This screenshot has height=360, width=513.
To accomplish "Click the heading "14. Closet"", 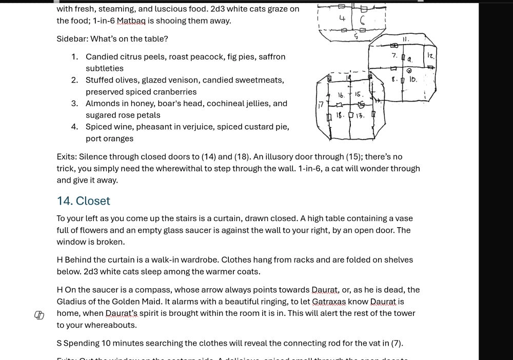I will (x=83, y=201).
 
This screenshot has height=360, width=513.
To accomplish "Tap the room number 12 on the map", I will (x=430, y=55).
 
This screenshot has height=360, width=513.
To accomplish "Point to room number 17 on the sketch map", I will (x=321, y=105).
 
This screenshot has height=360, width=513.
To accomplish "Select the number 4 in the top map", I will (x=342, y=18).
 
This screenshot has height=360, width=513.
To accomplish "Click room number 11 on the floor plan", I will (x=406, y=39).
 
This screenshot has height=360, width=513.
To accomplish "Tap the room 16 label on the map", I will (x=341, y=95).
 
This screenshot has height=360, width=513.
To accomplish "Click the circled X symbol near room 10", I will (x=409, y=71).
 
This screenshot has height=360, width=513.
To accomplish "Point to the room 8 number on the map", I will (x=394, y=79).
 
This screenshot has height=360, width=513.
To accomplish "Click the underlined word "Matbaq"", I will (x=131, y=21).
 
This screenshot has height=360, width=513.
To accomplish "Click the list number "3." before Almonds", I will (x=75, y=104).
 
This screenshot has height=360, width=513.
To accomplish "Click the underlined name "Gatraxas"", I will (x=328, y=302).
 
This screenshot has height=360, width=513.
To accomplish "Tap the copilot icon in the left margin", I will (x=40, y=315).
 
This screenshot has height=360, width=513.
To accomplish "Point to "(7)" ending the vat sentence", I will (x=397, y=344).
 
